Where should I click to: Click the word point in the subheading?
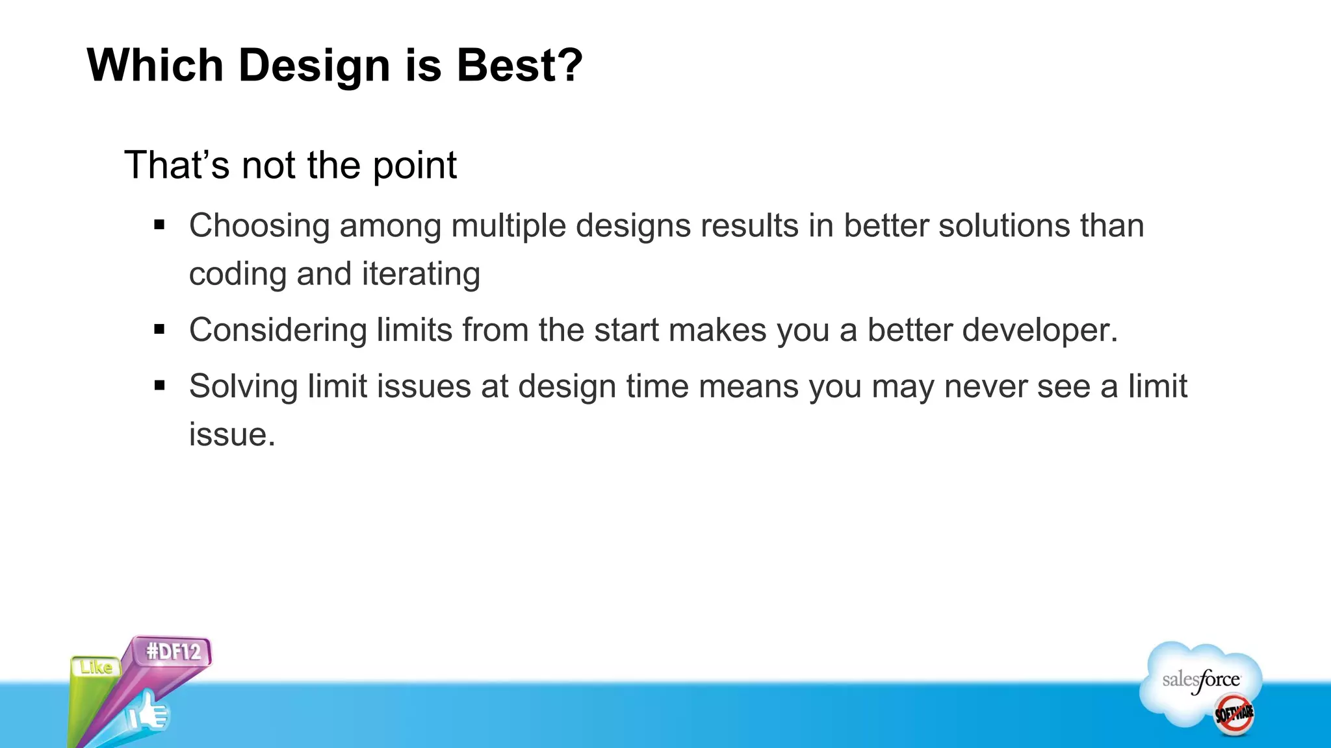click(415, 166)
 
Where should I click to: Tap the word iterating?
click(420, 274)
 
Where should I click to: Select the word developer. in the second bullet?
click(1040, 330)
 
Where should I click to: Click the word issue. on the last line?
click(232, 434)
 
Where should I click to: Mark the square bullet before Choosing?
click(159, 225)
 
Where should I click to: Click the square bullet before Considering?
click(159, 330)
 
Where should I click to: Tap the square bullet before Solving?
click(159, 386)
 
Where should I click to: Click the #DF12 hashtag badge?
click(173, 651)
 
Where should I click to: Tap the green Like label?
click(96, 667)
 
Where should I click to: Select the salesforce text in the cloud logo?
click(1200, 680)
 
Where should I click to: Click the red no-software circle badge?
click(1234, 714)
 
